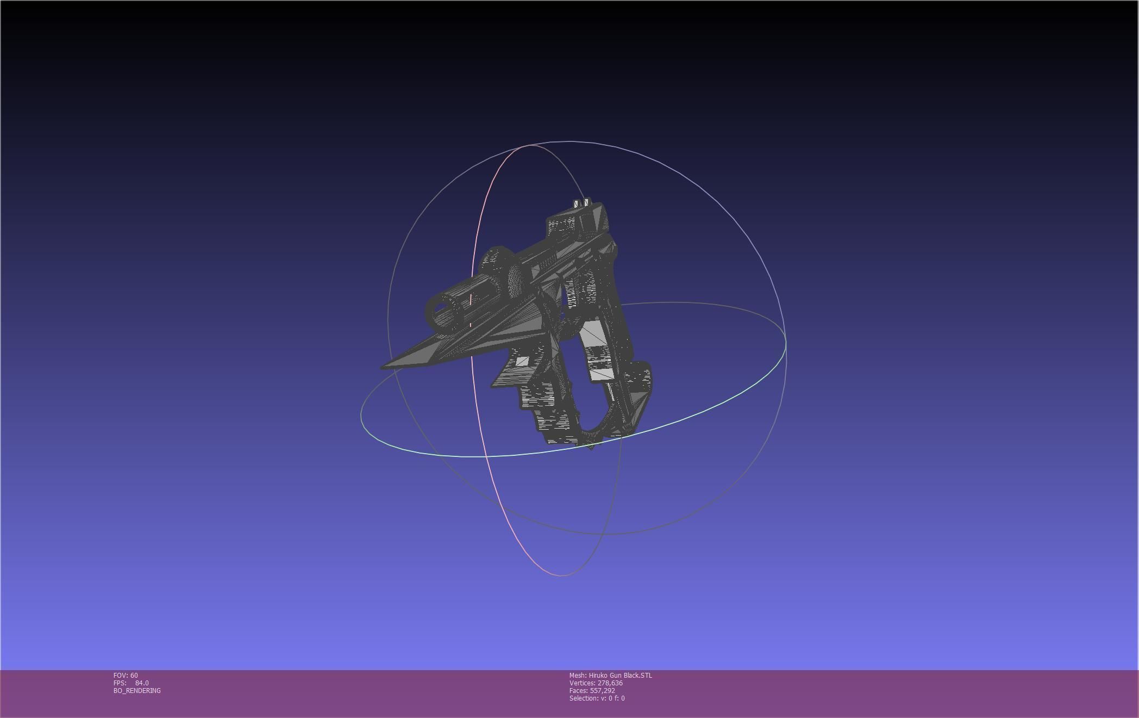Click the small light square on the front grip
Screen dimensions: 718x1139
pyautogui.click(x=522, y=361)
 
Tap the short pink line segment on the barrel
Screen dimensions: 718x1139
pyautogui.click(x=471, y=299)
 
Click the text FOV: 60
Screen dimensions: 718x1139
pyautogui.click(x=126, y=676)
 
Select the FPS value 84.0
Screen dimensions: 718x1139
pyautogui.click(x=142, y=683)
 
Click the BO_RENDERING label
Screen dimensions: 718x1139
pyautogui.click(x=137, y=691)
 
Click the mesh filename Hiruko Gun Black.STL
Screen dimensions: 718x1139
pyautogui.click(x=620, y=676)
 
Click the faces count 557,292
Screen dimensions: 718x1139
pyautogui.click(x=602, y=691)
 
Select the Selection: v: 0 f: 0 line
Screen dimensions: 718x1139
pyautogui.click(x=597, y=698)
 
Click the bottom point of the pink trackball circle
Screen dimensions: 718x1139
pyautogui.click(x=561, y=575)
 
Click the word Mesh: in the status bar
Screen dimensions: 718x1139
pyautogui.click(x=578, y=676)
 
